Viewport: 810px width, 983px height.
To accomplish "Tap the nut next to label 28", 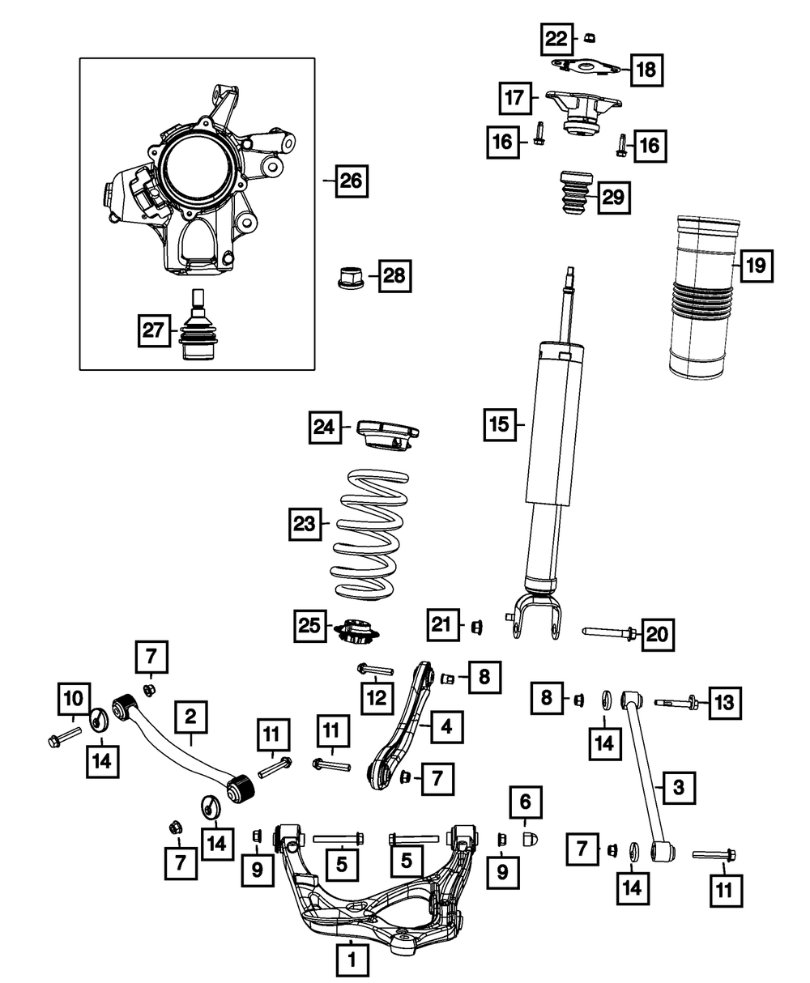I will [x=348, y=277].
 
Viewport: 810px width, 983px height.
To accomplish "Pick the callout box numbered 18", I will [x=646, y=70].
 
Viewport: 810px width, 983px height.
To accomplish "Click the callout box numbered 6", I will [x=525, y=802].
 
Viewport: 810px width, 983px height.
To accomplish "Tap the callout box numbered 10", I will [x=73, y=696].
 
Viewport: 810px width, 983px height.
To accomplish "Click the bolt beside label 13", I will [x=678, y=701].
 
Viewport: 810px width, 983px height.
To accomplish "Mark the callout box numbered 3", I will [x=679, y=785].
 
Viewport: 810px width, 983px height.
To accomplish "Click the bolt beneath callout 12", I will [x=373, y=670].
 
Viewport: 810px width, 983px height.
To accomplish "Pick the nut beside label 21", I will [x=477, y=625].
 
